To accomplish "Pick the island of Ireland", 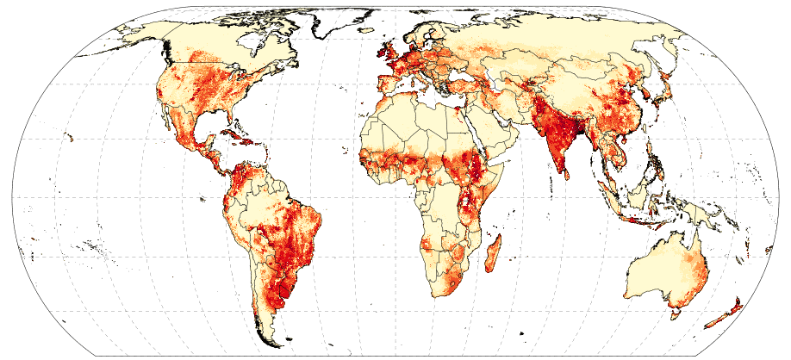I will coord(378,58).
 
